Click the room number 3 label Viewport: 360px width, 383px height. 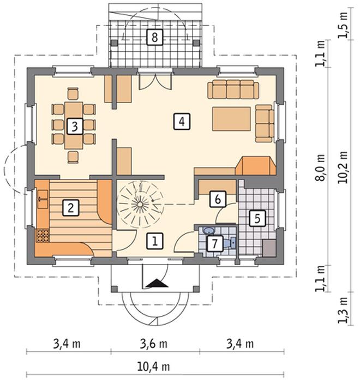pyautogui.click(x=75, y=126)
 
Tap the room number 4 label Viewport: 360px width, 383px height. pyautogui.click(x=182, y=121)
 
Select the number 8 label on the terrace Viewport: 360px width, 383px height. pyautogui.click(x=154, y=37)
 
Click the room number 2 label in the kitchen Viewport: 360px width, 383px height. pyautogui.click(x=71, y=208)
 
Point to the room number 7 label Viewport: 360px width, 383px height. pyautogui.click(x=215, y=243)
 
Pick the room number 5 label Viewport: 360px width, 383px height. pyautogui.click(x=257, y=218)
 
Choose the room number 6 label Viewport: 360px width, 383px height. pyautogui.click(x=218, y=199)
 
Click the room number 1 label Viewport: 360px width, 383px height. pyautogui.click(x=155, y=241)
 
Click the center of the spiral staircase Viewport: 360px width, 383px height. pyautogui.click(x=140, y=204)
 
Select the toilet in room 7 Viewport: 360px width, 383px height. pyautogui.click(x=230, y=242)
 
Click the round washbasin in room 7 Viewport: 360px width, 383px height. pyautogui.click(x=208, y=230)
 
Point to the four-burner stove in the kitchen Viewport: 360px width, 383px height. pyautogui.click(x=43, y=236)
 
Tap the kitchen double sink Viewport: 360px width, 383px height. pyautogui.click(x=43, y=199)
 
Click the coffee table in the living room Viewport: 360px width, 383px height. pyautogui.click(x=231, y=119)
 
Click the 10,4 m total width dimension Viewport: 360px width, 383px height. pyautogui.click(x=154, y=367)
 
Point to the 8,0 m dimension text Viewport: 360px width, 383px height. pyautogui.click(x=320, y=167)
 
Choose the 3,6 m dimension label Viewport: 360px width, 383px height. pyautogui.click(x=154, y=344)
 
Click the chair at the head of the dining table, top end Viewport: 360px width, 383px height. pyautogui.click(x=73, y=93)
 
